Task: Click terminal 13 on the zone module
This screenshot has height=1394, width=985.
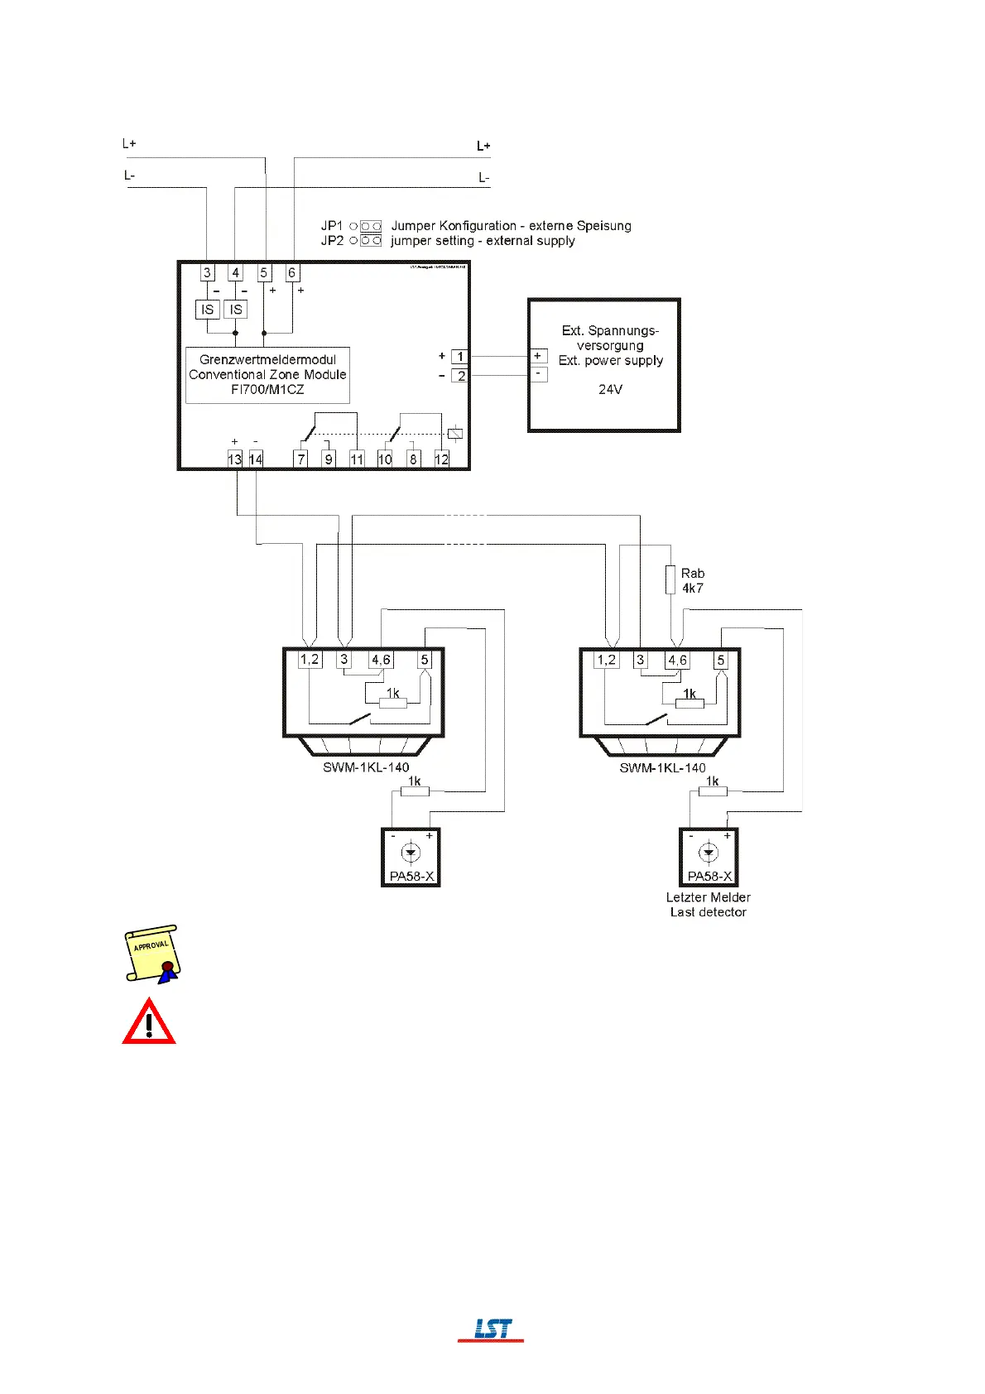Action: tap(235, 459)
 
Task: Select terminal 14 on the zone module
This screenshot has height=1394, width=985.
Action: tap(256, 459)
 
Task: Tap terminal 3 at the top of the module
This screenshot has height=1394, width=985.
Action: tap(207, 272)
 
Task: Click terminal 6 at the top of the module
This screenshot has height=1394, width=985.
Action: tap(292, 272)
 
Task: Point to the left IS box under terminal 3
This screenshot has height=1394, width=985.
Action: tap(207, 310)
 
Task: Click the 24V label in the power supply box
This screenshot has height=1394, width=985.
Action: tap(611, 389)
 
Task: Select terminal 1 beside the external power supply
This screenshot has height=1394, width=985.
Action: tap(460, 357)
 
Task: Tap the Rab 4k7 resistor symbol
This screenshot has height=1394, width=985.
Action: tap(670, 579)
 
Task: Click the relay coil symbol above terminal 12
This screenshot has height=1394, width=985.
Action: tap(454, 433)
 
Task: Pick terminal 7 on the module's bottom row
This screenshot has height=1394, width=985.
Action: tap(301, 459)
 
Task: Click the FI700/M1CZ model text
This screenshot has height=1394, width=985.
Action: tap(267, 389)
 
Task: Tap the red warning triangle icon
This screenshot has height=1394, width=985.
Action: tap(149, 1021)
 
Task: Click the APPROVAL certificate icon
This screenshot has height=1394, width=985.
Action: tap(152, 954)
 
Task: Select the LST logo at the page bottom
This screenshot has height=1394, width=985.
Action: tap(492, 1329)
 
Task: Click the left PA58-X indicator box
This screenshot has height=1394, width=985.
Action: tap(411, 858)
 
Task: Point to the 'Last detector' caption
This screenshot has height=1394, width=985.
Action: tap(709, 912)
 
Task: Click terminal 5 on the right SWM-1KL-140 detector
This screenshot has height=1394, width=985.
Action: tap(721, 660)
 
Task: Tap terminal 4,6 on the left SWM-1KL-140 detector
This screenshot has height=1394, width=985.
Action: tap(381, 660)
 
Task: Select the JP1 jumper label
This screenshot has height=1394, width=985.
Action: tap(332, 225)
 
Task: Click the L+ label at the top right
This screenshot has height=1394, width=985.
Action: tap(483, 146)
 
